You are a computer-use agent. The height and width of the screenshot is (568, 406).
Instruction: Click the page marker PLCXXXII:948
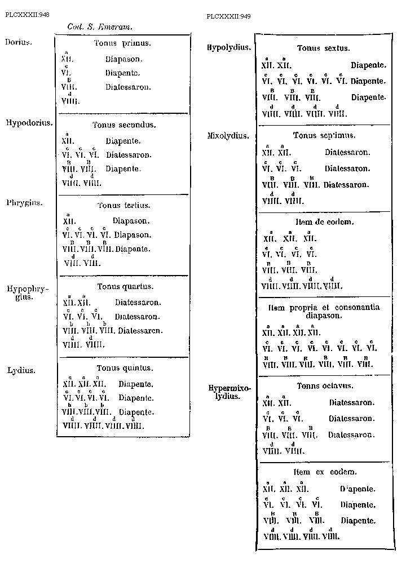click(x=27, y=15)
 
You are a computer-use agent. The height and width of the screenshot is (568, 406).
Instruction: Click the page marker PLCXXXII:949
click(x=229, y=16)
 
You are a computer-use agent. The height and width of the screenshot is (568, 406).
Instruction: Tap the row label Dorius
click(x=19, y=42)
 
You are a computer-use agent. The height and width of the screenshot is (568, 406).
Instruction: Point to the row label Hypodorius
click(x=29, y=122)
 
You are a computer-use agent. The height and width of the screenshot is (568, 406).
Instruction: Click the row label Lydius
click(x=21, y=370)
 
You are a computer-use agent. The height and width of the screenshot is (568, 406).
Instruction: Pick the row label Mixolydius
click(x=228, y=136)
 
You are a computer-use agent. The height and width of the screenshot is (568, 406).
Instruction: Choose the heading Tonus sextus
click(x=324, y=48)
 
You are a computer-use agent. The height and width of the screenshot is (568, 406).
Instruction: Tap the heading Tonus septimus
click(x=324, y=136)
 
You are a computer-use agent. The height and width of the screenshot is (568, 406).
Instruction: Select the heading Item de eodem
click(x=324, y=222)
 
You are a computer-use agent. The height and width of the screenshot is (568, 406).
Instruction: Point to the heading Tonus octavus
click(x=324, y=386)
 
